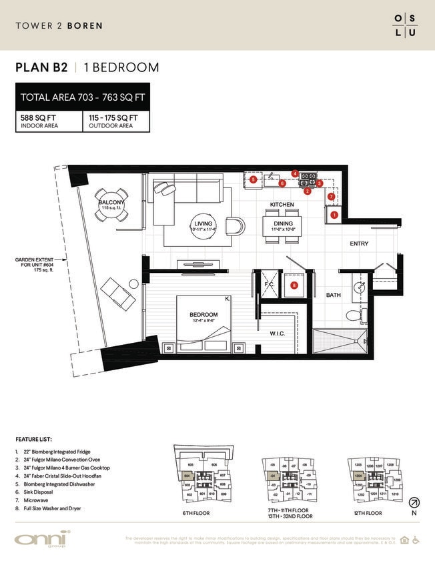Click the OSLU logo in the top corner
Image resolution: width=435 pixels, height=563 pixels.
[404, 25]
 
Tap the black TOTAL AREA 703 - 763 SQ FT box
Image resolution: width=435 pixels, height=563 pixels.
[83, 97]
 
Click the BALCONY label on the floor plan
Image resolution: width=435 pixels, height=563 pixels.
[110, 202]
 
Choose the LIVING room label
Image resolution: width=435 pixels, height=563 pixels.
[203, 223]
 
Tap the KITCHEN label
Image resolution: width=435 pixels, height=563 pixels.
[282, 204]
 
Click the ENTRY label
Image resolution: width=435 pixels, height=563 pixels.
[359, 244]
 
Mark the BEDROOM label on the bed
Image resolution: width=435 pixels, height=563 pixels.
[203, 314]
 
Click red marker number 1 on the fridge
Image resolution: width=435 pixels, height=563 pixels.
[334, 215]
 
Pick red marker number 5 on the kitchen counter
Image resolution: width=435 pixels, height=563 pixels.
[254, 179]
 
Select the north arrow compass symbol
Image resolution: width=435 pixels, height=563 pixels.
[414, 502]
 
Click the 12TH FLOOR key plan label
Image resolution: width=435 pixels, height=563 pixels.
[368, 514]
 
